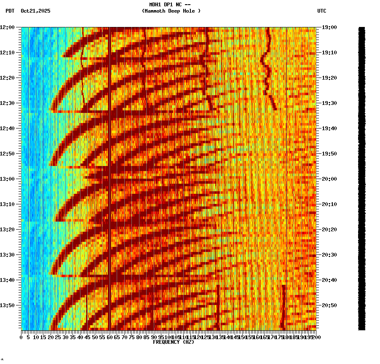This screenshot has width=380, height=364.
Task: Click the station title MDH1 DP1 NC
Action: (170, 5)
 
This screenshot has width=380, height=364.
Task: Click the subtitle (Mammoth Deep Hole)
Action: (171, 11)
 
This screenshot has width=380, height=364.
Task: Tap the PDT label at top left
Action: (10, 11)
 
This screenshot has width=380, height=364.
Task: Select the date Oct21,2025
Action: (35, 11)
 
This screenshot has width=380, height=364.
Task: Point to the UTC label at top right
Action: (321, 11)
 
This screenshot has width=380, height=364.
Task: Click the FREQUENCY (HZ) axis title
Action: (174, 342)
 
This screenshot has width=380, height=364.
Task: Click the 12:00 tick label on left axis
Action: (7, 27)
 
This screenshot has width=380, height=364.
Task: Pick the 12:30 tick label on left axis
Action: (7, 103)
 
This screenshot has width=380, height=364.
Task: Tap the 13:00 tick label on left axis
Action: (7, 179)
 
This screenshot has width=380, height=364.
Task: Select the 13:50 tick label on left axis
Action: (7, 305)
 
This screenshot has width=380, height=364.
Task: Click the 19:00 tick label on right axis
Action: (328, 27)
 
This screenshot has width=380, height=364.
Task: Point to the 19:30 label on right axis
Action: (328, 103)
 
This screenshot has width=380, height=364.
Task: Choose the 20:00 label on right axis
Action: (328, 179)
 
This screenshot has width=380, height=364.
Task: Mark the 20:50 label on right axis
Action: (328, 305)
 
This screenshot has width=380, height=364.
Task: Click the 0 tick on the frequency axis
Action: (21, 337)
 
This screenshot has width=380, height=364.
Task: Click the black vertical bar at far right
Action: (361, 177)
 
